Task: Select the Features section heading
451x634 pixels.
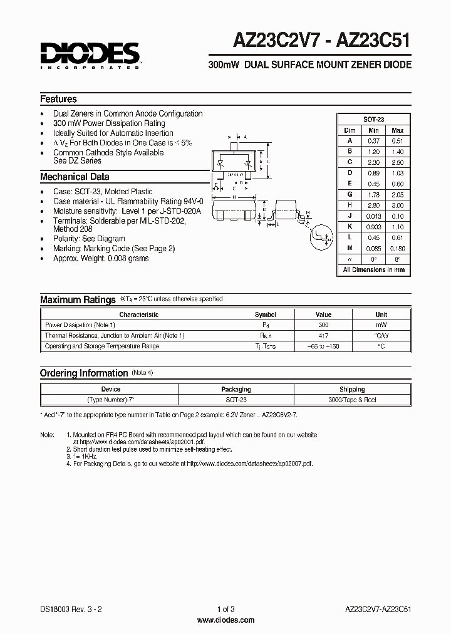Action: [x=59, y=99]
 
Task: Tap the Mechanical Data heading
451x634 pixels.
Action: [x=75, y=177]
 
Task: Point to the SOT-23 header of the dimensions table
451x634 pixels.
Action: [x=373, y=119]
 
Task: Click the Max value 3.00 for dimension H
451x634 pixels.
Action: [x=397, y=205]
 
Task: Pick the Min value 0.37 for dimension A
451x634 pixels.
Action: [x=374, y=141]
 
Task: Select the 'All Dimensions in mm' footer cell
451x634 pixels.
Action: [x=373, y=270]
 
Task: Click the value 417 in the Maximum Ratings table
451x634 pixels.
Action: [x=323, y=336]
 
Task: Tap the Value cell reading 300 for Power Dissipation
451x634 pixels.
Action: [x=323, y=325]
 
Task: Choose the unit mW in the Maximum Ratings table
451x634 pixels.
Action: [x=381, y=325]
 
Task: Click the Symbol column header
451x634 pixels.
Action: [x=265, y=314]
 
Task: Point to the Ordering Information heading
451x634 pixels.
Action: [x=84, y=373]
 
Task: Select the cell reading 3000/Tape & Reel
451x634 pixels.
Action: [x=352, y=400]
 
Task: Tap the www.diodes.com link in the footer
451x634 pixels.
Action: [x=225, y=620]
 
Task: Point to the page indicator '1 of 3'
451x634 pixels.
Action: [x=225, y=610]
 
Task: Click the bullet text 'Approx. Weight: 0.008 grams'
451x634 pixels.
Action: [x=101, y=258]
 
